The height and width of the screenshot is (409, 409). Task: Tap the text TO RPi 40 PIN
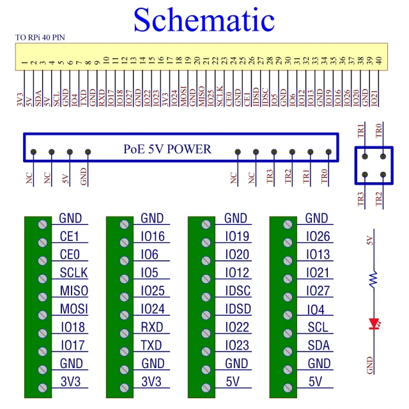pos(40,38)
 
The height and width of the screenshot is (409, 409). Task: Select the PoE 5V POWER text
pos(167,150)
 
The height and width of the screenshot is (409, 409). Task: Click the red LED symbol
pos(373,325)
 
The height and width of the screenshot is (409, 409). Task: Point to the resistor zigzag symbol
pos(373,277)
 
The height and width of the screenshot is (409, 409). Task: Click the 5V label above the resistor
pos(369,240)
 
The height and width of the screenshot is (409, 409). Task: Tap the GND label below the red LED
pos(369,366)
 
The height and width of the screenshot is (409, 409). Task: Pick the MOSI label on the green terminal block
pos(74,310)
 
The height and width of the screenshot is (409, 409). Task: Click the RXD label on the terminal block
pos(152,328)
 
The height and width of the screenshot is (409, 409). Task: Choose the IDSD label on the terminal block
pos(237,310)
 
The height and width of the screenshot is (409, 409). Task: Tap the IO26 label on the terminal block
pos(318,237)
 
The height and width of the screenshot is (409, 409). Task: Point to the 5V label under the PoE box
pos(65,179)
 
